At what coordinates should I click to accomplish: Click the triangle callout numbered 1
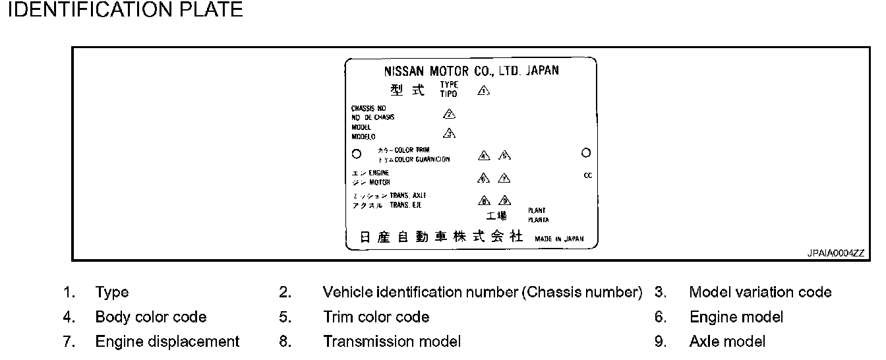483,91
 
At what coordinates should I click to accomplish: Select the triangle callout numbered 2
450,114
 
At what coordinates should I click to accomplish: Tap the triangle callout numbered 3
450,134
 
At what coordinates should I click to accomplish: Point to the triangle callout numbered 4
485,156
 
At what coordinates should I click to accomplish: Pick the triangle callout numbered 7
504,178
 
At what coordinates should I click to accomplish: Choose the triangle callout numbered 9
505,201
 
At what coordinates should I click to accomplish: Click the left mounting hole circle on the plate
357,154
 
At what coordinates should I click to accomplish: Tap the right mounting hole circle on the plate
585,153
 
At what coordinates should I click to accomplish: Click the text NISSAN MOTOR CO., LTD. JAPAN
471,71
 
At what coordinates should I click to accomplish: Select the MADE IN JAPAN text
559,239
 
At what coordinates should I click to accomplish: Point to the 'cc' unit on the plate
588,175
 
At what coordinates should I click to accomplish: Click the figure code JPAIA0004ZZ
835,253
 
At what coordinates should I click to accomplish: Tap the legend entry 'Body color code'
150,317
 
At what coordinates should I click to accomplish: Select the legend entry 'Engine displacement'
167,342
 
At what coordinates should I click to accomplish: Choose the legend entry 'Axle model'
727,342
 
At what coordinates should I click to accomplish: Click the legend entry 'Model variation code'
760,292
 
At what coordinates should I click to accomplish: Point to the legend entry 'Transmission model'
392,342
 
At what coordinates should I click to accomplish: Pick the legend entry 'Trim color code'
376,317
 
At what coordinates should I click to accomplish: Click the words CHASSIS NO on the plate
369,108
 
